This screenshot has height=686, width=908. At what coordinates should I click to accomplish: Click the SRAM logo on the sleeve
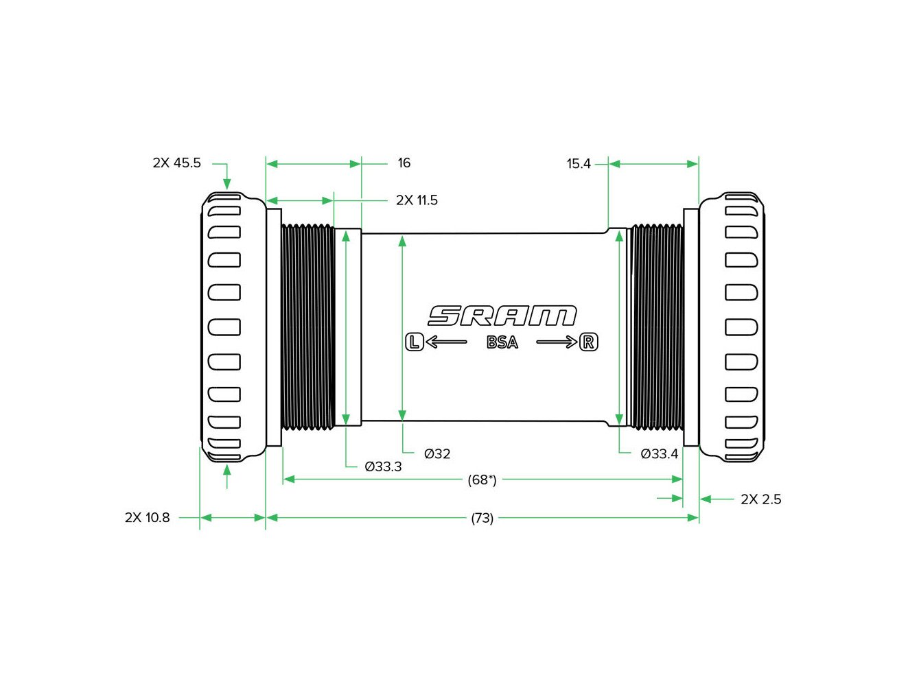(502, 316)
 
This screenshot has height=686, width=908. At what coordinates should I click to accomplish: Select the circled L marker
(414, 342)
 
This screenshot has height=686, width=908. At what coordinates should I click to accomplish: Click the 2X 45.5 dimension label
(176, 163)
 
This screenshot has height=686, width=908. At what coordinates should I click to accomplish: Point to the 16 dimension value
(404, 163)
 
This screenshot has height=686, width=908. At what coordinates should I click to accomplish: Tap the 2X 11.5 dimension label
(417, 200)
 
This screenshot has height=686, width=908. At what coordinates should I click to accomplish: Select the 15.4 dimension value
(579, 164)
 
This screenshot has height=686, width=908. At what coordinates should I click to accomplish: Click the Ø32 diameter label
(436, 454)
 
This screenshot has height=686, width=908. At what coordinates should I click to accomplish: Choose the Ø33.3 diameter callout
(383, 467)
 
